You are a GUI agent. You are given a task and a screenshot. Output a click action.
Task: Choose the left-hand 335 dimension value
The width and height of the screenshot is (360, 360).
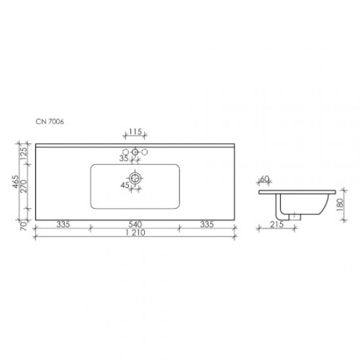pyautogui.click(x=63, y=225)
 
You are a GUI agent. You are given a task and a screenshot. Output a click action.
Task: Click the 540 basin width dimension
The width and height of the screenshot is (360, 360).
pyautogui.click(x=135, y=225)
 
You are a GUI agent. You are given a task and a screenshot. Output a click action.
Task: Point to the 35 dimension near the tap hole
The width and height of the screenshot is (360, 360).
pyautogui.click(x=124, y=158)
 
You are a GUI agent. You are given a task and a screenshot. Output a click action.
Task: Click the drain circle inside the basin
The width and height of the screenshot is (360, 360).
pyautogui.click(x=135, y=177)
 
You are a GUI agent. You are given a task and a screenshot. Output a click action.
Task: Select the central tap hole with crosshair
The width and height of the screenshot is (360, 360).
pyautogui.click(x=135, y=153)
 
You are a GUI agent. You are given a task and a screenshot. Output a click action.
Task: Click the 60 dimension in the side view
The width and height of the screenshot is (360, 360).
pyautogui.click(x=265, y=179)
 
